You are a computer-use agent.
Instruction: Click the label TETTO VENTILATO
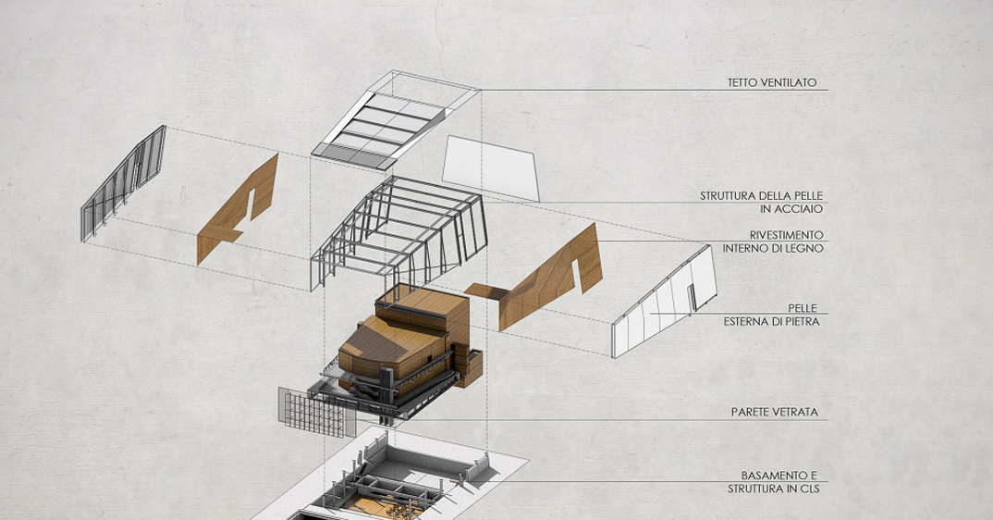click(x=771, y=83)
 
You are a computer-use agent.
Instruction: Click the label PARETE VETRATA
click(x=774, y=412)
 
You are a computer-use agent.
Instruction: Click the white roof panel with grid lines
click(x=388, y=125)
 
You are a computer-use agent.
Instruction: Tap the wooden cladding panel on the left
click(x=239, y=211)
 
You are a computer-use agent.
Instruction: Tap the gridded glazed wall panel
click(x=317, y=413)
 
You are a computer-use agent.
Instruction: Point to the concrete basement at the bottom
click(x=398, y=481)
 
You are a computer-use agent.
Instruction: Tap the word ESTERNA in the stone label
click(x=752, y=321)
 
